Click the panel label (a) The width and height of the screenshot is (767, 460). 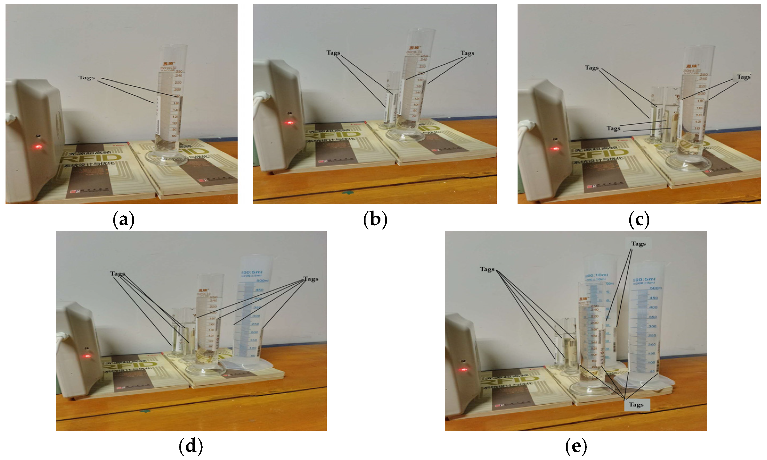pyautogui.click(x=123, y=220)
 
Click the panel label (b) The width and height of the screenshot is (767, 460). pyautogui.click(x=375, y=220)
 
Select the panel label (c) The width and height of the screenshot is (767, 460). pyautogui.click(x=639, y=220)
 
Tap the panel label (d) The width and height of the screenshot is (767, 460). pyautogui.click(x=191, y=446)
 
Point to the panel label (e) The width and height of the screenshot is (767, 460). pyautogui.click(x=576, y=446)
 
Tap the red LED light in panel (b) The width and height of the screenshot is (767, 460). pyautogui.click(x=290, y=123)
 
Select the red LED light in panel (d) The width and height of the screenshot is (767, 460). pyautogui.click(x=87, y=356)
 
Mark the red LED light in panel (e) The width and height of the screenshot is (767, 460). pyautogui.click(x=464, y=370)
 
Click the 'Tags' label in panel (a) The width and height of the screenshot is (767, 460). pyautogui.click(x=87, y=77)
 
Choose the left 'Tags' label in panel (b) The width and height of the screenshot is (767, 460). pyautogui.click(x=333, y=53)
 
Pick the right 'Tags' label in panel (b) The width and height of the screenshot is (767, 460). pyautogui.click(x=467, y=53)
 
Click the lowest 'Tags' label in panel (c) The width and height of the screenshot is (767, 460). pyautogui.click(x=613, y=128)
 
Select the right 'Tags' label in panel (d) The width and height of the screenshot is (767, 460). pyautogui.click(x=311, y=279)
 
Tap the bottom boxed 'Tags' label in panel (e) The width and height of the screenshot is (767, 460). pyautogui.click(x=636, y=405)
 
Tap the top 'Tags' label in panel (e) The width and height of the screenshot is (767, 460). pyautogui.click(x=638, y=244)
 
